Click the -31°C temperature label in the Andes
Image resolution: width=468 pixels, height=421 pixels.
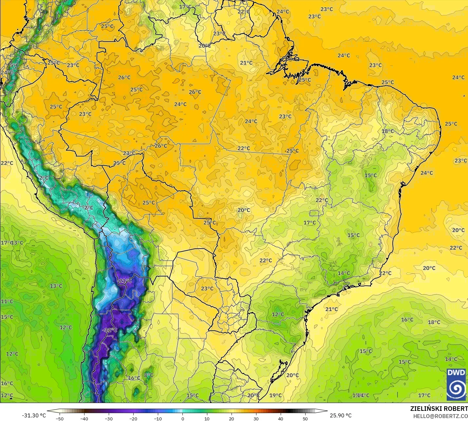tap(110, 330)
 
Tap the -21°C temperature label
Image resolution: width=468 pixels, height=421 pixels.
tap(124, 281)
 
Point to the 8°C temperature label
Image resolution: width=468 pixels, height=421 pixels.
tap(149, 375)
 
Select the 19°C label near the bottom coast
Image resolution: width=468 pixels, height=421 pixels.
tap(275, 395)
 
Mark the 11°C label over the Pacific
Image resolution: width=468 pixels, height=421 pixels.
tap(7, 301)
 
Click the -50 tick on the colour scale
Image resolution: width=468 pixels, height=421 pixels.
tap(60, 418)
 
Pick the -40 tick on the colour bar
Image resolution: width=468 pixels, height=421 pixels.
tap(84, 418)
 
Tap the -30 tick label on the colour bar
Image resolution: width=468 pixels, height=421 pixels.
tap(109, 418)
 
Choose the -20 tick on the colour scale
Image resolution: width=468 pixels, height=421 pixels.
tap(133, 418)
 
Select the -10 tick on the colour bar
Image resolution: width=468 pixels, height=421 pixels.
tap(158, 418)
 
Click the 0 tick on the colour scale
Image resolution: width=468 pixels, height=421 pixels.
tap(182, 418)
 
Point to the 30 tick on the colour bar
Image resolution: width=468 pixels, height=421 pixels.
tap(256, 418)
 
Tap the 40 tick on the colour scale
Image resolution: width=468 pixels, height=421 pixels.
tap(281, 418)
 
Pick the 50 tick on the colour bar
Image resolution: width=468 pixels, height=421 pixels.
tap(305, 418)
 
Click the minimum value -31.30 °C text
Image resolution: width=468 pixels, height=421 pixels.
tap(34, 415)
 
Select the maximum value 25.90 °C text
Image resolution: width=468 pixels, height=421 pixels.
tap(341, 415)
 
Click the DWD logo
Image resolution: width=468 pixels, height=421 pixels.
tap(456, 384)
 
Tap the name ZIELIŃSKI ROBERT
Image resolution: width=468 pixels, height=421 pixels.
tap(439, 409)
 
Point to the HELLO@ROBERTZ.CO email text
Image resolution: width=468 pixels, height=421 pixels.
tap(440, 416)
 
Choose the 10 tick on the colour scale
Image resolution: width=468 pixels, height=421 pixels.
tap(207, 418)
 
